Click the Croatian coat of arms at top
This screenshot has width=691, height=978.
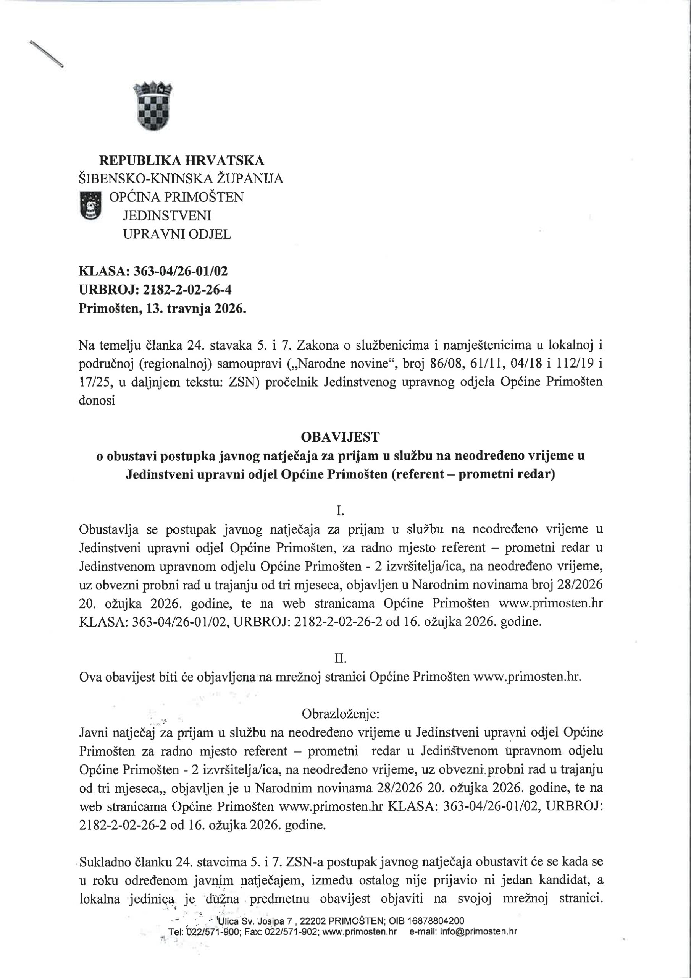pos(153,107)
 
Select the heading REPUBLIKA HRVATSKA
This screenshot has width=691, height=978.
pos(181,160)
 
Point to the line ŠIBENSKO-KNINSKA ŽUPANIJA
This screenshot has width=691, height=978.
pos(181,178)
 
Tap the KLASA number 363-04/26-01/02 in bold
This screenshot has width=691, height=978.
pos(181,271)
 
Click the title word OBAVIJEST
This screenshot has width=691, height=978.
pos(340,437)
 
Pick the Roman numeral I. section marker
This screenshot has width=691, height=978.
pos(340,510)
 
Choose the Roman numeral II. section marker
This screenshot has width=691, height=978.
pos(340,659)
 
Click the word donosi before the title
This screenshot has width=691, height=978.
pos(97,400)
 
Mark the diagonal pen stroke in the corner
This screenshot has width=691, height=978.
pos(47,53)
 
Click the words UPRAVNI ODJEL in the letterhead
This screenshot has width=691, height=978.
pos(177,234)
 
